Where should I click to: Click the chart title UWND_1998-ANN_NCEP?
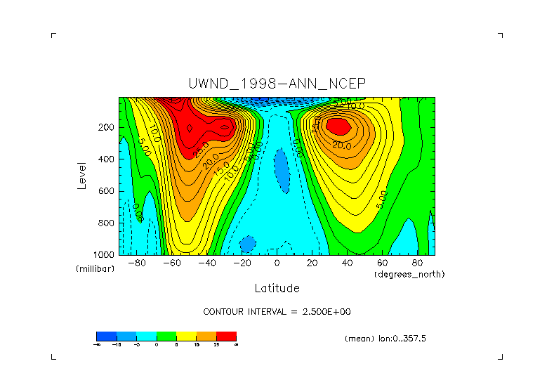(277, 83)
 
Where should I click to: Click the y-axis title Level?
(82, 176)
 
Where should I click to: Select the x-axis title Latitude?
(277, 288)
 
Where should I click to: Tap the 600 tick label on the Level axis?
(106, 191)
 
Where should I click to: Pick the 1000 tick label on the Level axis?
(104, 254)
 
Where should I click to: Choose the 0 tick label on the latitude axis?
(277, 263)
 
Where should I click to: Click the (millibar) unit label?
(95, 269)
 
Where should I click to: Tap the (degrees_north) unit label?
(409, 274)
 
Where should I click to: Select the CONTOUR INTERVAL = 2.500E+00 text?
(277, 311)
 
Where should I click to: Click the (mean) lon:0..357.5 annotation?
(385, 338)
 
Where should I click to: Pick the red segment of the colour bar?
(226, 336)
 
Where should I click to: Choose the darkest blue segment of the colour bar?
(106, 336)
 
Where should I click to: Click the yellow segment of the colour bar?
(186, 336)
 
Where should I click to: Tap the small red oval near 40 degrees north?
(338, 126)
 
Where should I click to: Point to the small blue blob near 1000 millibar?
(247, 244)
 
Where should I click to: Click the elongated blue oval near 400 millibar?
(282, 169)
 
